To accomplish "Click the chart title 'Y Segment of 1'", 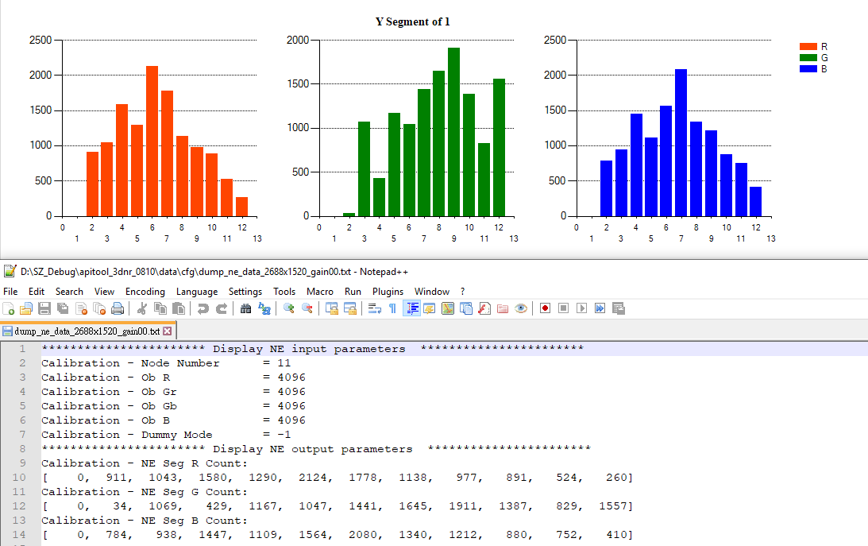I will (412, 21).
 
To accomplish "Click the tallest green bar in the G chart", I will (453, 132).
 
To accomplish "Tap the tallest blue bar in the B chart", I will (681, 142).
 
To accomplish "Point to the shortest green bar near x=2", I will (349, 214).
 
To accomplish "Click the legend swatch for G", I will (808, 58).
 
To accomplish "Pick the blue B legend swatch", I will (808, 69).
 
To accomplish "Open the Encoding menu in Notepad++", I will (145, 292).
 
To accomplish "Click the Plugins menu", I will (388, 292).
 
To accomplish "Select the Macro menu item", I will (320, 292).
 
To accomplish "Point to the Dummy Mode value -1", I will (284, 435).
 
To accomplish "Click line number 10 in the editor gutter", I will (22, 478).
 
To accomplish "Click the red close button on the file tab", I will (168, 331).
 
